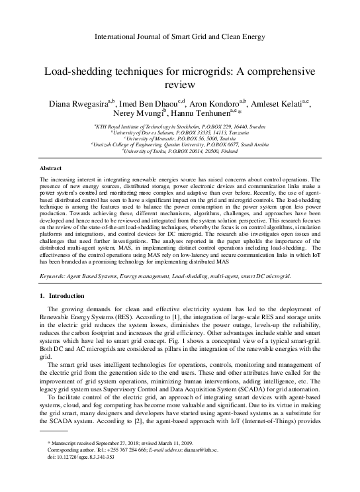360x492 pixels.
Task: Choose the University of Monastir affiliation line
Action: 180,138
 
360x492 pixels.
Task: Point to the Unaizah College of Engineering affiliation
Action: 180,145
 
